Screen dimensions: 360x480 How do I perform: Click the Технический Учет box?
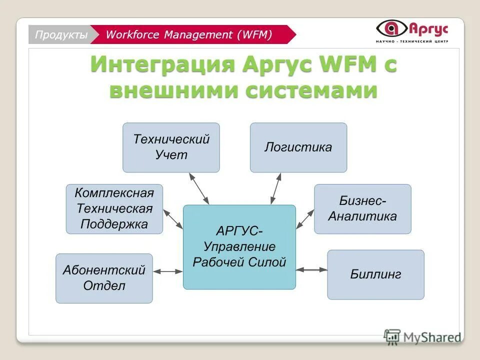pyautogui.click(x=171, y=147)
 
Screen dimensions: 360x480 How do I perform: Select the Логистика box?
pyautogui.click(x=298, y=147)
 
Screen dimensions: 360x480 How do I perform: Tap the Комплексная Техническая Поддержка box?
pyautogui.click(x=114, y=208)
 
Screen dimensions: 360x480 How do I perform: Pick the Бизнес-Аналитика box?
pyautogui.click(x=362, y=208)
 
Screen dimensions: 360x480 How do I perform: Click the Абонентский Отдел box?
pyautogui.click(x=104, y=278)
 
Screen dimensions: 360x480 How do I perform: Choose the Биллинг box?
pyautogui.click(x=375, y=274)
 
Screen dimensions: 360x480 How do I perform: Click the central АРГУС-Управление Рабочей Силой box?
pyautogui.click(x=239, y=246)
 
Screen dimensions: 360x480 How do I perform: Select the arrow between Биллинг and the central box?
pyautogui.click(x=311, y=269)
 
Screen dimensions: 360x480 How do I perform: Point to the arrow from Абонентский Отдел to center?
pyautogui.click(x=168, y=271)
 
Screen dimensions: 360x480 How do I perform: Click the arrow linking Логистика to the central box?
pyautogui.click(x=275, y=188)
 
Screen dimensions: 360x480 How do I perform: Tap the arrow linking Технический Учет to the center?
pyautogui.click(x=198, y=188)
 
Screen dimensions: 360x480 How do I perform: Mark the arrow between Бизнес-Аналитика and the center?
pyautogui.click(x=305, y=218)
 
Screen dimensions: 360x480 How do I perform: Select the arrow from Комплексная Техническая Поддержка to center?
pyautogui.click(x=173, y=219)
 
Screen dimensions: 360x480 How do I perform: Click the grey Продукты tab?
pyautogui.click(x=60, y=34)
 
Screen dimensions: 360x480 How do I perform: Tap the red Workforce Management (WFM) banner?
pyautogui.click(x=190, y=34)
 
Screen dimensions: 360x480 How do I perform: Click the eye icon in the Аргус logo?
pyautogui.click(x=391, y=28)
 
